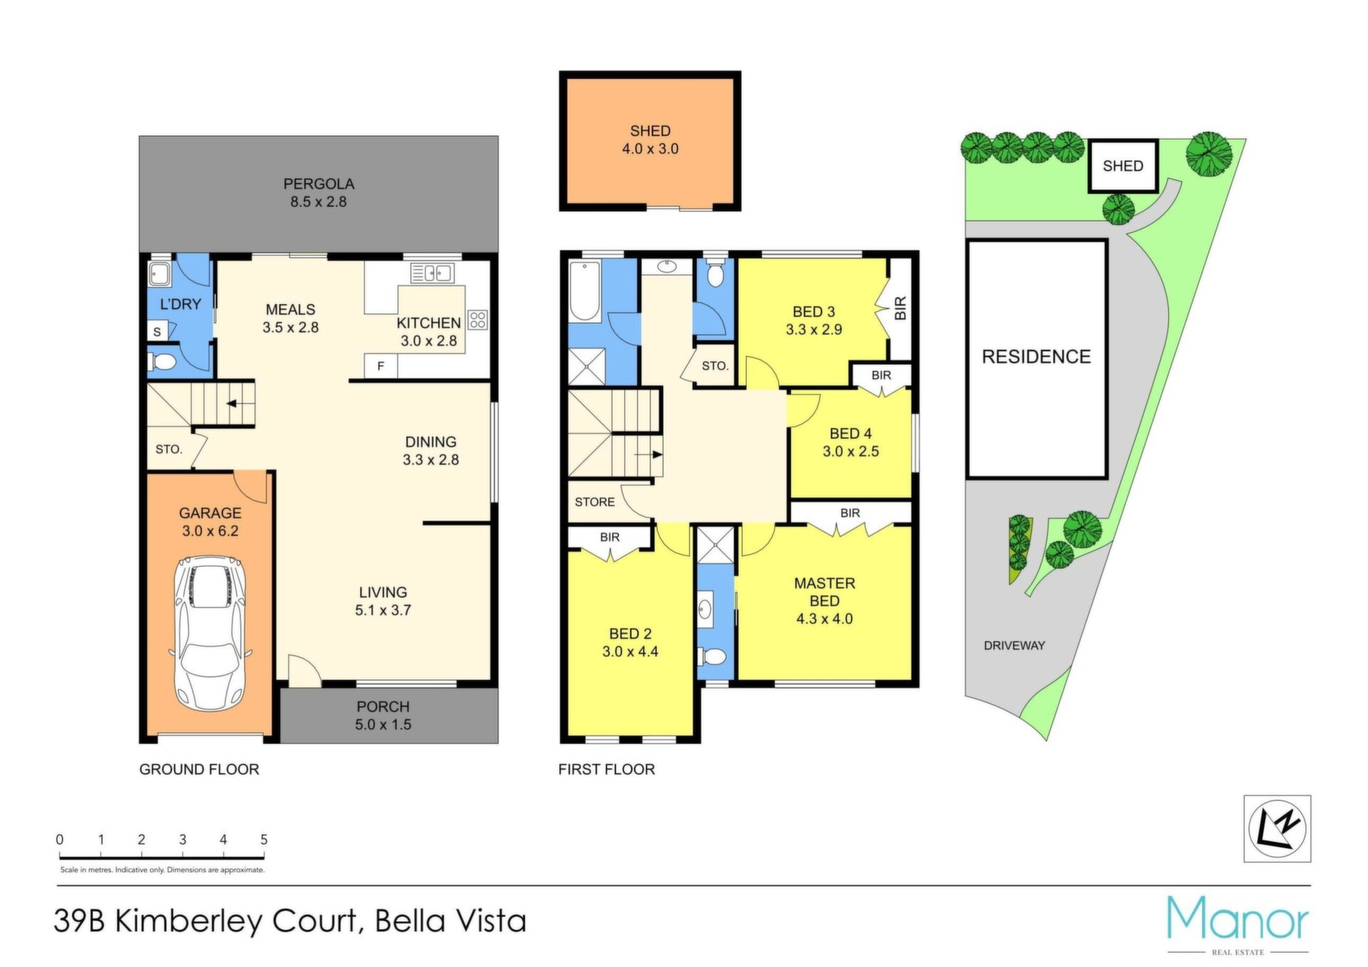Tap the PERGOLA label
click(318, 184)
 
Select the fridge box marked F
click(381, 366)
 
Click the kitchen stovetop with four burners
click(477, 319)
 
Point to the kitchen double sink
click(432, 272)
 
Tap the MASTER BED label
click(824, 592)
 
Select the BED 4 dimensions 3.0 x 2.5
click(851, 451)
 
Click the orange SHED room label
click(650, 131)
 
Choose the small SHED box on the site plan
click(1123, 166)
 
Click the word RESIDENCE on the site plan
click(1036, 357)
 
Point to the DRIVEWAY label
click(1015, 646)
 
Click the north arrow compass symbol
click(1278, 829)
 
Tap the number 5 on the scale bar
click(264, 839)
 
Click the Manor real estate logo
click(1238, 924)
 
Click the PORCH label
click(383, 707)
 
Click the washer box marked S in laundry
click(158, 331)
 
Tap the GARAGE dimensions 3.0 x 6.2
click(210, 531)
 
